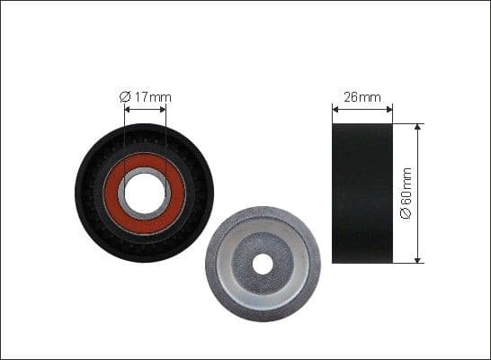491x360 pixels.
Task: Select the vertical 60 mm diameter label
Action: pyautogui.click(x=406, y=193)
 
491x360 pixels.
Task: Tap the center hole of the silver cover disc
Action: pyautogui.click(x=263, y=264)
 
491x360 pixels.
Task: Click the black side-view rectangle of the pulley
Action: pyautogui.click(x=362, y=193)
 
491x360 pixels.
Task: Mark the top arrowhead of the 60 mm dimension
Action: pyautogui.click(x=418, y=128)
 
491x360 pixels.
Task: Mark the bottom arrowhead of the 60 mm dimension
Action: pyautogui.click(x=418, y=259)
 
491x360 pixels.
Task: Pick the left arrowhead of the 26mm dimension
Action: pyautogui.click(x=336, y=110)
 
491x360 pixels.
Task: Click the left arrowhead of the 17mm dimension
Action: pyautogui.click(x=127, y=110)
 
